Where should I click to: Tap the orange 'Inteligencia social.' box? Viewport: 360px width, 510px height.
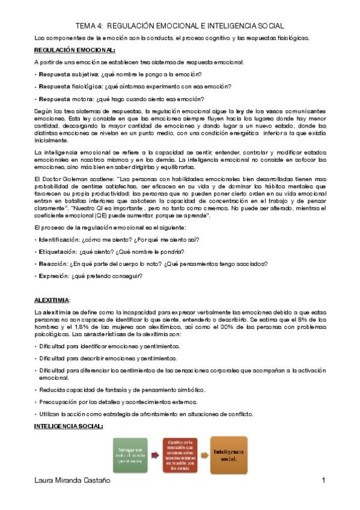pyautogui.click(x=230, y=455)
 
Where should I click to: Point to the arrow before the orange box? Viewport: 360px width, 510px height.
pyautogui.click(x=205, y=455)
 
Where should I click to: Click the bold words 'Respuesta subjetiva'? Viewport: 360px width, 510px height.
pyautogui.click(x=63, y=74)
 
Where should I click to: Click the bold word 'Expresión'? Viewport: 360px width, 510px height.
pyautogui.click(x=52, y=275)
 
